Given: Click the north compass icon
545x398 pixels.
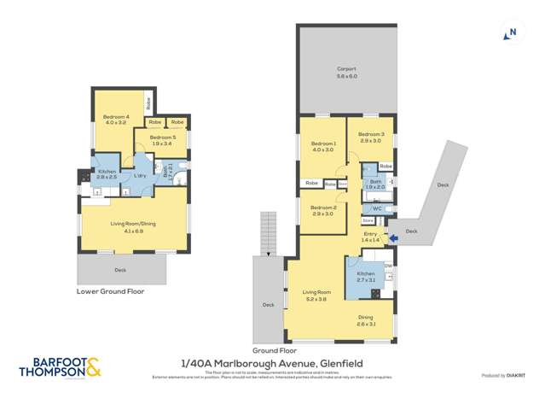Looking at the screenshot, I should pos(510,33).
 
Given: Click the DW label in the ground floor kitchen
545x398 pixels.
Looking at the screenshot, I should pos(388,266).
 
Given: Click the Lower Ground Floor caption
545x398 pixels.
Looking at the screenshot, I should pos(111,291).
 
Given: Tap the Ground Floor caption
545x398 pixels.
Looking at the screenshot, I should pos(275,350).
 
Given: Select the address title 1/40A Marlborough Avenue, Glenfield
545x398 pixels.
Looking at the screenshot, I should pos(273,361).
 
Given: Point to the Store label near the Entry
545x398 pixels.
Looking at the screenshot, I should pos(368,219).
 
